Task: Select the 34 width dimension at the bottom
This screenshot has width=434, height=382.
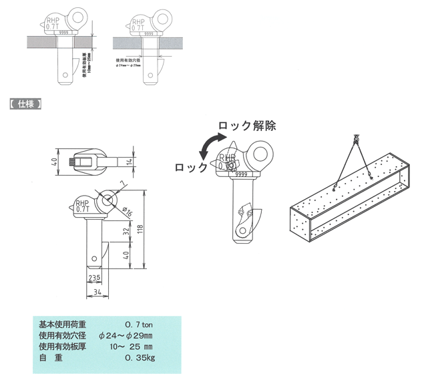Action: pyautogui.click(x=97, y=291)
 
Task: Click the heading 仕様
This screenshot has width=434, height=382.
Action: pyautogui.click(x=26, y=104)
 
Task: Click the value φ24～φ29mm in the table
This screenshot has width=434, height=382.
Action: pyautogui.click(x=126, y=335)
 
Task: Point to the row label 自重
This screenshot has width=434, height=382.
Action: pyautogui.click(x=50, y=358)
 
